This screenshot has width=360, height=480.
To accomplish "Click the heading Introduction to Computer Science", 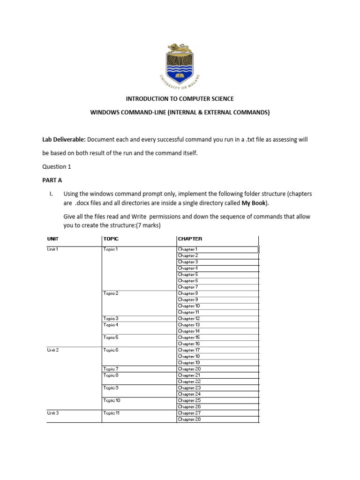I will (180, 99).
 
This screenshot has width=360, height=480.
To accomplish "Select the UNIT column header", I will (53, 239).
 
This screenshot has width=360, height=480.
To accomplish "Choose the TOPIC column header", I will (111, 239).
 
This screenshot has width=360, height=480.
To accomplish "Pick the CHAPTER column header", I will (190, 239).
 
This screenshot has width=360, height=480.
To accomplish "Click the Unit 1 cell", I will (52, 249).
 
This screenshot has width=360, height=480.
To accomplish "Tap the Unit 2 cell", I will (53, 350).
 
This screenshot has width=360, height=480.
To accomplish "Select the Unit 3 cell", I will (53, 413).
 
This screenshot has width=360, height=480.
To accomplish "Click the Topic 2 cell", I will (111, 293).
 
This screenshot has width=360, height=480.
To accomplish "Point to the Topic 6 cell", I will (111, 350).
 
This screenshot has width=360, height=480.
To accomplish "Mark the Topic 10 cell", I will (112, 400).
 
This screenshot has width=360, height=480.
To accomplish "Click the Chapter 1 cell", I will (188, 249).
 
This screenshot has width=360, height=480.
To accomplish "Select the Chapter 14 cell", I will (189, 331).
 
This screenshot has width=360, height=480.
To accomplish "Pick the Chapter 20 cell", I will (189, 369).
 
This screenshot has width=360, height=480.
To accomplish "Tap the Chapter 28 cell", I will (189, 419).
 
